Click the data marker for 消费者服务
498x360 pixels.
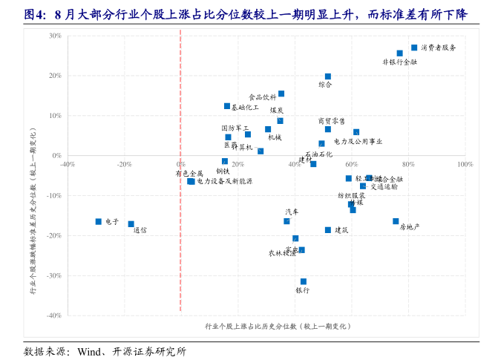click(x=414, y=48)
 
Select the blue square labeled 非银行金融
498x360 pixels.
click(x=399, y=53)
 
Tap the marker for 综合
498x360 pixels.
click(x=328, y=76)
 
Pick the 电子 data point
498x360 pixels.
click(x=98, y=221)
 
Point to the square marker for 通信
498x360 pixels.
click(x=131, y=223)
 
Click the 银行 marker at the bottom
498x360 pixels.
click(x=304, y=281)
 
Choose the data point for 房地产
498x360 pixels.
click(x=396, y=221)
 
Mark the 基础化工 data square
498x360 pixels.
click(x=227, y=106)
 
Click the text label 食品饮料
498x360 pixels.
click(x=262, y=96)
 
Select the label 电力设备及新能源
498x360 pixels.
click(x=225, y=181)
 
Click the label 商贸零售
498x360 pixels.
click(x=331, y=121)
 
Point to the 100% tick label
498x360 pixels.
click(x=465, y=164)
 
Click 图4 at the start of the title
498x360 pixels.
click(x=34, y=14)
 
